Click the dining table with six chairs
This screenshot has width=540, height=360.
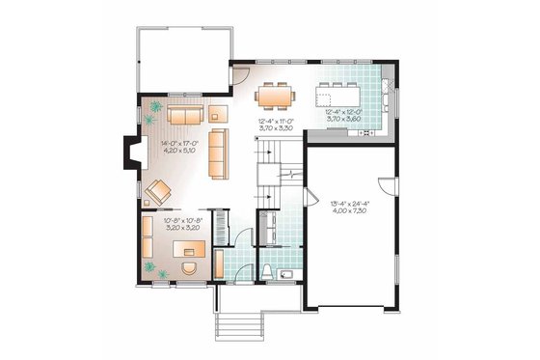pyautogui.click(x=276, y=97)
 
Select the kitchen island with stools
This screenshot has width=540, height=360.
pyautogui.click(x=338, y=97)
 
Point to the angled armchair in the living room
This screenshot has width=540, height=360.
pyautogui.click(x=157, y=191)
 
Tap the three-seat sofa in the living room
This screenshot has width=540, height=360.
pyautogui.click(x=219, y=154)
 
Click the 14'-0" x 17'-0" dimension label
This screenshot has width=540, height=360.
pyautogui.click(x=180, y=148)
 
